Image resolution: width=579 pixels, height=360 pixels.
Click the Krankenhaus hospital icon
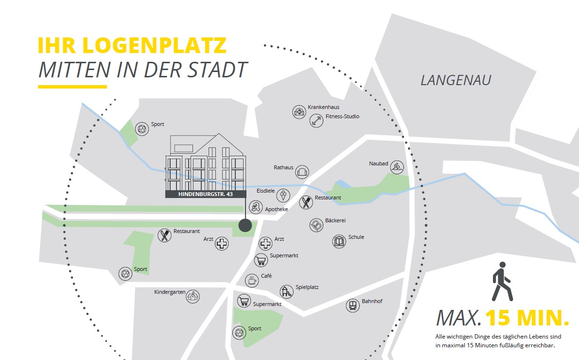tap(299, 112)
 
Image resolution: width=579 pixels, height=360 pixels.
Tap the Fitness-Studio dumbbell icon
tap(316, 120)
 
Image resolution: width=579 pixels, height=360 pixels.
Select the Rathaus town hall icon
tap(302, 171)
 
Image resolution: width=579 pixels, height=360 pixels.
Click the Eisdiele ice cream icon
tap(283, 196)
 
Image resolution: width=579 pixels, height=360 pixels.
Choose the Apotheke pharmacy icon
tap(256, 207)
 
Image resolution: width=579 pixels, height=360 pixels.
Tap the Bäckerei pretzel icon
tap(316, 225)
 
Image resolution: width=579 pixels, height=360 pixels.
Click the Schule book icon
tap(339, 241)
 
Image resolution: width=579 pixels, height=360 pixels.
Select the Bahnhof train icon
tap(352, 306)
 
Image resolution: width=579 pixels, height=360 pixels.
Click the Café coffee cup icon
tap(252, 280)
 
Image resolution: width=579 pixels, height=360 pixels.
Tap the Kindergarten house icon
tap(193, 296)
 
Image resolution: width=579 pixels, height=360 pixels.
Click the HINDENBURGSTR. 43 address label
tap(206, 194)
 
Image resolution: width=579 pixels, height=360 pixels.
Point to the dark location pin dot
tap(245, 225)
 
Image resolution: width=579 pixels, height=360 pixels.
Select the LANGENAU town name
tap(456, 80)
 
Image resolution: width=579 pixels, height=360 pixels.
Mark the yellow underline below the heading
tap(72, 87)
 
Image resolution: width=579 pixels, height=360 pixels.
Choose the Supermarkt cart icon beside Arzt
tap(261, 260)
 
